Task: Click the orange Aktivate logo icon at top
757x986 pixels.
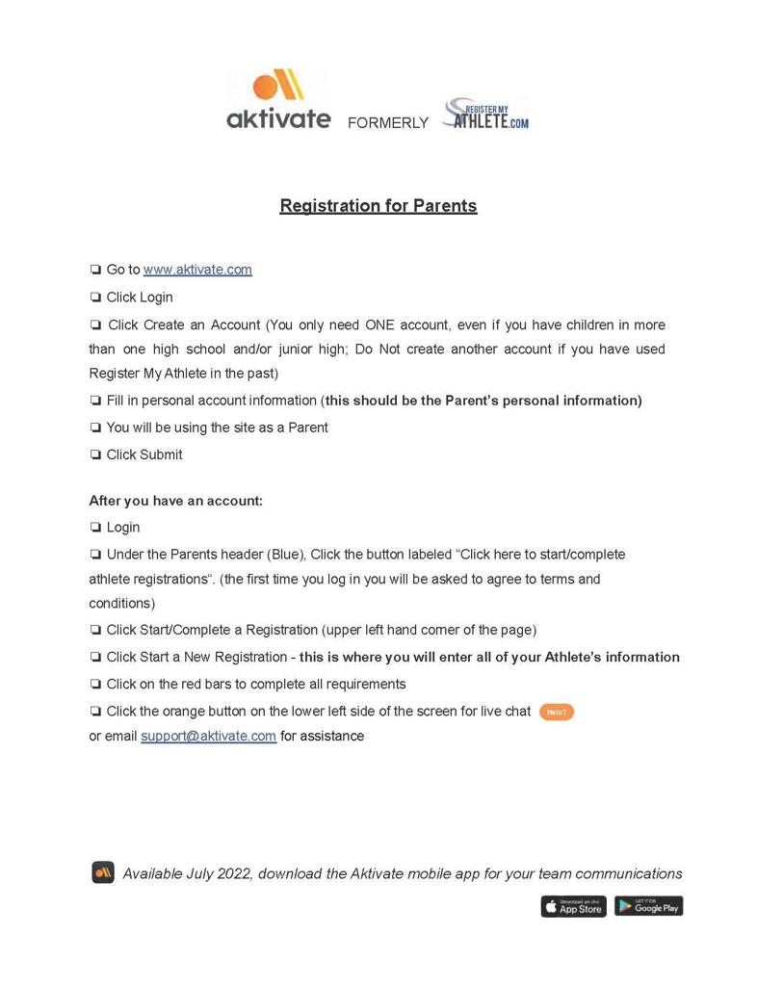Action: click(x=278, y=86)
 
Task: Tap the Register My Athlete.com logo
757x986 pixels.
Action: click(x=485, y=115)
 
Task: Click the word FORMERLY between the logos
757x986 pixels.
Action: click(x=387, y=123)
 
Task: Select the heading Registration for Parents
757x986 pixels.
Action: click(x=378, y=205)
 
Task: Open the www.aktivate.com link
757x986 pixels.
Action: click(x=197, y=270)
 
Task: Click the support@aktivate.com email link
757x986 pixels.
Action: click(x=208, y=736)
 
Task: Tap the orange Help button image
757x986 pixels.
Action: click(x=556, y=712)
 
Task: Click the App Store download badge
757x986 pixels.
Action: click(x=573, y=906)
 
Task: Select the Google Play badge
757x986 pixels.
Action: click(x=648, y=906)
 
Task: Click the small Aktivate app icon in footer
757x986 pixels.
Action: click(x=103, y=872)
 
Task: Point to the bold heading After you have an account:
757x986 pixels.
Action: click(x=175, y=501)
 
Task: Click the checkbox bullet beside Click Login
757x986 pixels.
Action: click(x=95, y=298)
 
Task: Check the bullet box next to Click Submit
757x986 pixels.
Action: click(x=95, y=454)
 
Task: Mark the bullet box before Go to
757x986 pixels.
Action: click(x=95, y=270)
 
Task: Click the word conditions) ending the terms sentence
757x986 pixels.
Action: click(x=122, y=603)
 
